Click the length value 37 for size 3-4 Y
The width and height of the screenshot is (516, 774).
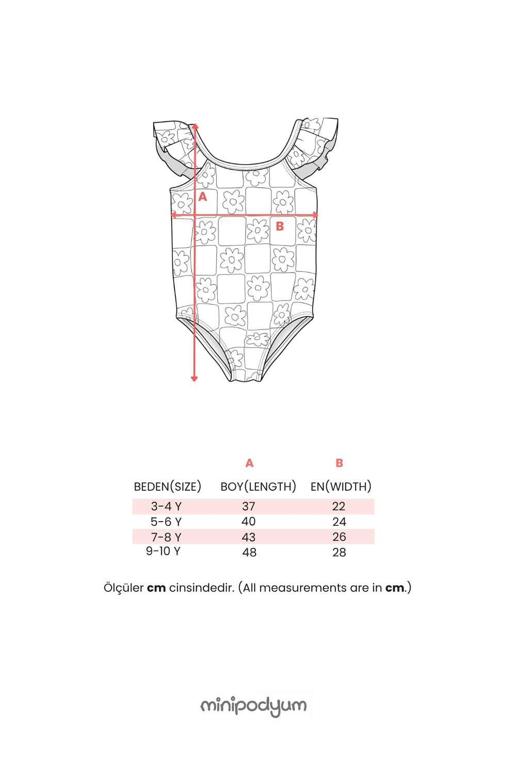click(249, 506)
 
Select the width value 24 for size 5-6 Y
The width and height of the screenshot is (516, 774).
click(339, 521)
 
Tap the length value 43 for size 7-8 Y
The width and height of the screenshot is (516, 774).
click(249, 537)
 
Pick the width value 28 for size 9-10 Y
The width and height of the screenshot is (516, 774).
click(339, 552)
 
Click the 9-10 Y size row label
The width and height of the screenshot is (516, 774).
click(163, 551)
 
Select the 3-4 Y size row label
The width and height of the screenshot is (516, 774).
click(166, 506)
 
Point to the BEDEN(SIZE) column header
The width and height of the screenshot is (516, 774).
click(168, 487)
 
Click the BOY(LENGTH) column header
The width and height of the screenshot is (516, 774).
click(258, 487)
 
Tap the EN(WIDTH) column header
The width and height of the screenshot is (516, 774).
click(341, 487)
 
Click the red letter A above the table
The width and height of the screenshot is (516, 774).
click(250, 463)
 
